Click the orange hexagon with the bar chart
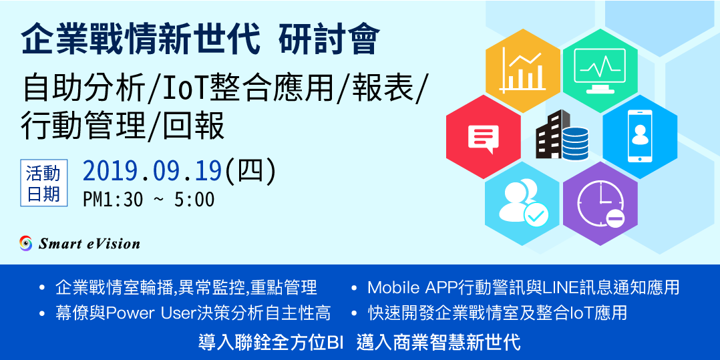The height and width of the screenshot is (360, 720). (522, 70)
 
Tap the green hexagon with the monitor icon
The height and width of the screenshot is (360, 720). (600, 70)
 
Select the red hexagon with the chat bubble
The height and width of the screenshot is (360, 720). (484, 137)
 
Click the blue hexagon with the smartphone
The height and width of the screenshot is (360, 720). (640, 137)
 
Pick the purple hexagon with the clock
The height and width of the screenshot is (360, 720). (600, 204)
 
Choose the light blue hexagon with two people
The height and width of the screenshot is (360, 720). (522, 204)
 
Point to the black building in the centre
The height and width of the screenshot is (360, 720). (550, 134)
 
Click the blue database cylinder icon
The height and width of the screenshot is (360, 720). (574, 144)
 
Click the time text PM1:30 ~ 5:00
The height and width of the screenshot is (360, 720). (149, 200)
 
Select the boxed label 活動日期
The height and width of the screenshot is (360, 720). (43, 183)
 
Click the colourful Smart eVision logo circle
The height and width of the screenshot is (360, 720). (25, 243)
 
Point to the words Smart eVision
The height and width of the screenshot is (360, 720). (89, 243)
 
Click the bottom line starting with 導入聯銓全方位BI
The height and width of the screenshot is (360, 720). (359, 343)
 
